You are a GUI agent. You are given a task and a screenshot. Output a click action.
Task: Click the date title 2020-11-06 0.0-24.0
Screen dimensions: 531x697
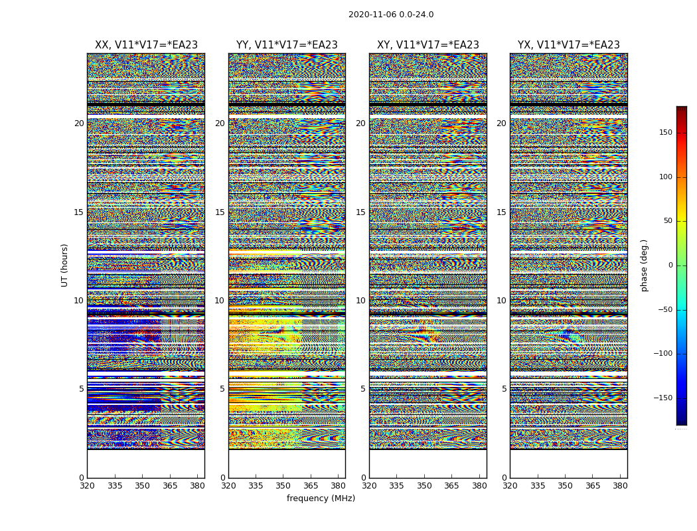(x=391, y=15)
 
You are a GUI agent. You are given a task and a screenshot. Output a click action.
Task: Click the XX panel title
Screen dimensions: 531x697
(x=146, y=45)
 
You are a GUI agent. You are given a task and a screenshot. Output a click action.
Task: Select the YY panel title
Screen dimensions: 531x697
(x=287, y=45)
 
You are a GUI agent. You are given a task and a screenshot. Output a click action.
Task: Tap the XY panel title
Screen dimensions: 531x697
(x=428, y=45)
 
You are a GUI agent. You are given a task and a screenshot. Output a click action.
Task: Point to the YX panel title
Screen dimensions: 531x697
(x=569, y=45)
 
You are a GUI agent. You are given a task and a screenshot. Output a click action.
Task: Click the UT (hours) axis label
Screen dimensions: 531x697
(x=65, y=265)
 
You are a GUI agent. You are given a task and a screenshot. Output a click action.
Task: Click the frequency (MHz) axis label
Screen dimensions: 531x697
(x=321, y=498)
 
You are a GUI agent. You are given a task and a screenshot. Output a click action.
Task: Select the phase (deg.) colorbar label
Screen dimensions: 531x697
(x=644, y=265)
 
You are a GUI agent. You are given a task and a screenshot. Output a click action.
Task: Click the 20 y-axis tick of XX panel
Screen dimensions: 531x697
(x=79, y=123)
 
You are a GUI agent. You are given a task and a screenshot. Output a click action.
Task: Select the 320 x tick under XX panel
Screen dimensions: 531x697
(x=87, y=487)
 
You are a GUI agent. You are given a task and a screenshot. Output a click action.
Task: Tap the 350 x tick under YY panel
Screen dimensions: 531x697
(x=283, y=487)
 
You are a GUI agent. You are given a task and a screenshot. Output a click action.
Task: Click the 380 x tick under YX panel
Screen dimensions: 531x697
(x=620, y=487)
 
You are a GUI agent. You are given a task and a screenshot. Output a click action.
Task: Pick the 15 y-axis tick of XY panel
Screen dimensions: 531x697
(x=360, y=212)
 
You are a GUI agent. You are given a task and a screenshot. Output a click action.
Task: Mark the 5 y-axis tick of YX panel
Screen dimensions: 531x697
(x=504, y=389)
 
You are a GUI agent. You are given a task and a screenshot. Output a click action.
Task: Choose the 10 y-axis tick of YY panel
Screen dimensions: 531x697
(x=220, y=301)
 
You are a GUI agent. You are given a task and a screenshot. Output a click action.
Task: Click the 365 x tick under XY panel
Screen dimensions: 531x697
(x=451, y=487)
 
